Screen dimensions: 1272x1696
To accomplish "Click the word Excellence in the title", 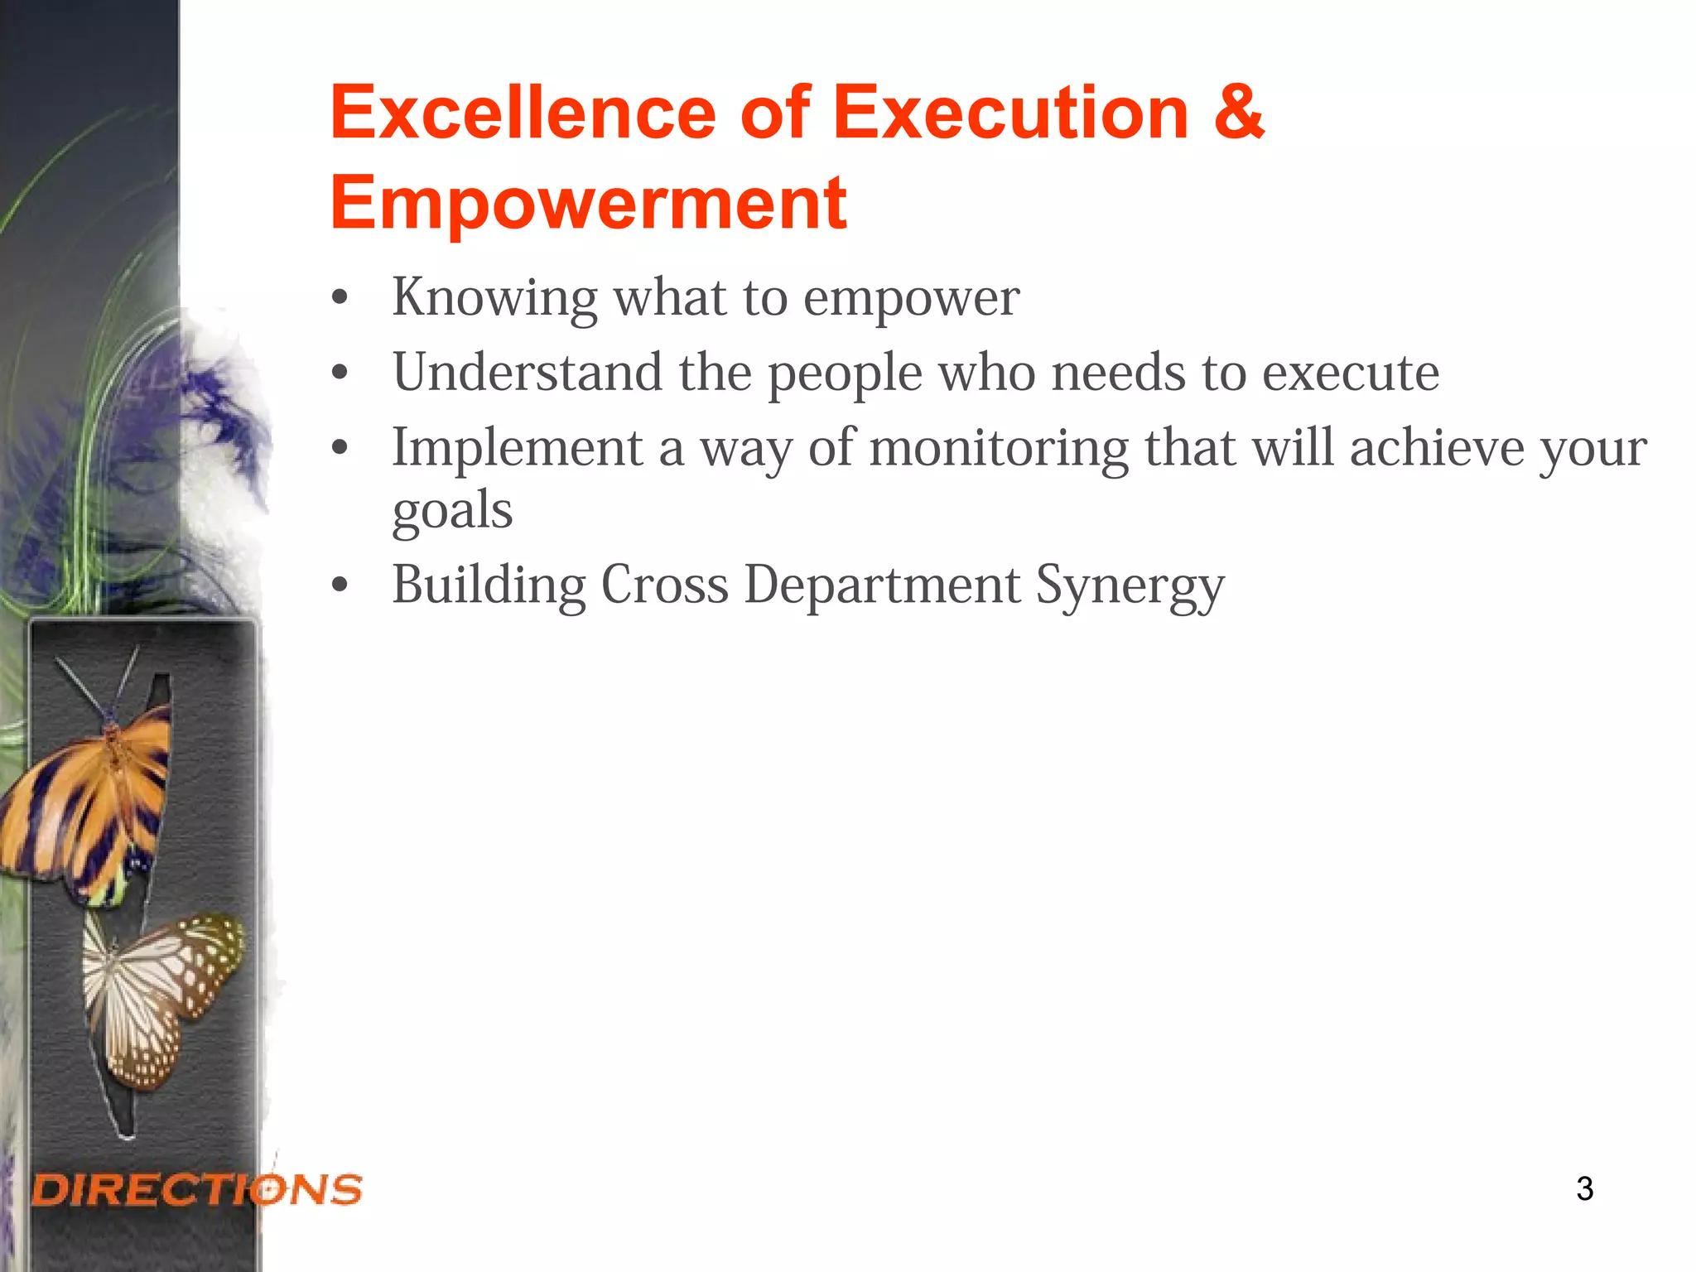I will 523,113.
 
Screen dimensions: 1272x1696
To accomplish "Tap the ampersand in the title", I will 1238,113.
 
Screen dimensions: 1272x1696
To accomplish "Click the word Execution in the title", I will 1010,113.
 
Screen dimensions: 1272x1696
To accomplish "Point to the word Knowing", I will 494,298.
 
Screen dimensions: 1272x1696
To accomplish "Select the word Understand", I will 528,372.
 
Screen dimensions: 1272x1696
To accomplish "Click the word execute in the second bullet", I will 1351,373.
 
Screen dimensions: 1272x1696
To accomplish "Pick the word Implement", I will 518,449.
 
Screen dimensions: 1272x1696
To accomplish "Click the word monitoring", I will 999,449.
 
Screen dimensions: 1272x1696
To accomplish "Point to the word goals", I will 452,511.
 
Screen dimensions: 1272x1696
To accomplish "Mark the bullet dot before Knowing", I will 339,299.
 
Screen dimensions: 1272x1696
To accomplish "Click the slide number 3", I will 1584,1188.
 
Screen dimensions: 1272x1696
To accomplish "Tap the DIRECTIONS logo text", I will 197,1189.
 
